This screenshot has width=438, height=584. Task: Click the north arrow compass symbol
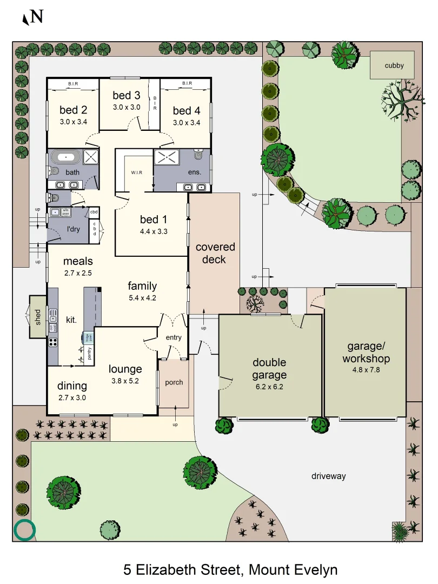32,17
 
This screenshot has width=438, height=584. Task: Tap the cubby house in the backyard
394,66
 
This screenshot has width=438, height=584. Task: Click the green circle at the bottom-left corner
24,530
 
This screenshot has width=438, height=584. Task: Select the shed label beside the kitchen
38,316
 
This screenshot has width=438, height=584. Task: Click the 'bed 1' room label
153,220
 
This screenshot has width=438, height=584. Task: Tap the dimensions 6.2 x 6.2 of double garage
269,387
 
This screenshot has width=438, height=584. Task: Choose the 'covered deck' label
215,253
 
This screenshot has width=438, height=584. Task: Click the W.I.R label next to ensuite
136,173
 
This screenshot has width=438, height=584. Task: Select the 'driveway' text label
328,476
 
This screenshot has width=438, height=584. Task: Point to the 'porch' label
174,382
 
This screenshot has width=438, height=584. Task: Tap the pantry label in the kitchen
89,354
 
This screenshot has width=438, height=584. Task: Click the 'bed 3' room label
126,96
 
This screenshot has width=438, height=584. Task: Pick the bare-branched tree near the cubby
401,101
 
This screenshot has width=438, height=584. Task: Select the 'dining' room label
72,386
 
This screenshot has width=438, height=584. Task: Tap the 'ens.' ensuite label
195,172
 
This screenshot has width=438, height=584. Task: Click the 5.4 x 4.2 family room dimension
142,297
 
